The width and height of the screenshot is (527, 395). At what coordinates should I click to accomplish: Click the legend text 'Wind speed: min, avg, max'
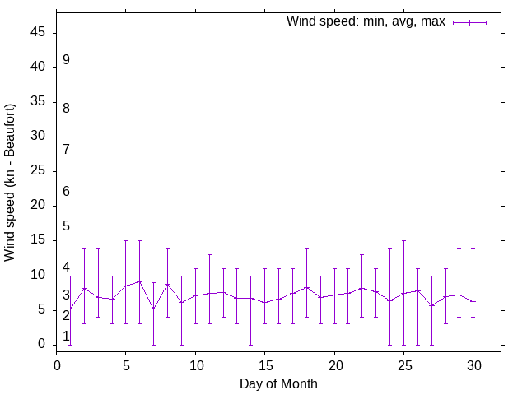pos(366,21)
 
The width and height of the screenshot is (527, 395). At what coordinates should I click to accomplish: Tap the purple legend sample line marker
pos(469,22)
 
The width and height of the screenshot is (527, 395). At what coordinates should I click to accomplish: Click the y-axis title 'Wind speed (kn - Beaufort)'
pos(11,183)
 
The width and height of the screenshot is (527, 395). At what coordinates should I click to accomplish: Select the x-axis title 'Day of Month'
pos(278,383)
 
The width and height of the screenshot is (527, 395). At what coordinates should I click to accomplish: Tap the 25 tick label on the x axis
pos(403,362)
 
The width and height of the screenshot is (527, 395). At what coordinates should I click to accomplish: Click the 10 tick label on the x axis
pos(195,362)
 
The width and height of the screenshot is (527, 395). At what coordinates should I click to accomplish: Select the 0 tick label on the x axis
pos(57,362)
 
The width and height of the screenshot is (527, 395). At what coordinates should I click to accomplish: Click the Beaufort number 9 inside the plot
pos(66,60)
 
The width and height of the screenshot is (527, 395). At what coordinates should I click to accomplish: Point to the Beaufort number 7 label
pos(66,149)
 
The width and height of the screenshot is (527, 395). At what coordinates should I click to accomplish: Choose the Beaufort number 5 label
pos(66,226)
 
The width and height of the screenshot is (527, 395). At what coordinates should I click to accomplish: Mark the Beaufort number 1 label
pos(66,336)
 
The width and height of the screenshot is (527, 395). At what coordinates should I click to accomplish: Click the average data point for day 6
pos(140,281)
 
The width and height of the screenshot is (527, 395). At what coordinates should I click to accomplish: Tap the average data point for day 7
pos(153,309)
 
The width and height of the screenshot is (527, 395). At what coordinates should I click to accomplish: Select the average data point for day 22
pos(361,288)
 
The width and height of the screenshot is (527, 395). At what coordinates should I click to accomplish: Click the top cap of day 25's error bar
pos(403,241)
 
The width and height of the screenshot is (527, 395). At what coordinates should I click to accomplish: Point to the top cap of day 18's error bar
pos(306,248)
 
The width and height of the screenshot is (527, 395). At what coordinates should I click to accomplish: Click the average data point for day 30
pos(473,302)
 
